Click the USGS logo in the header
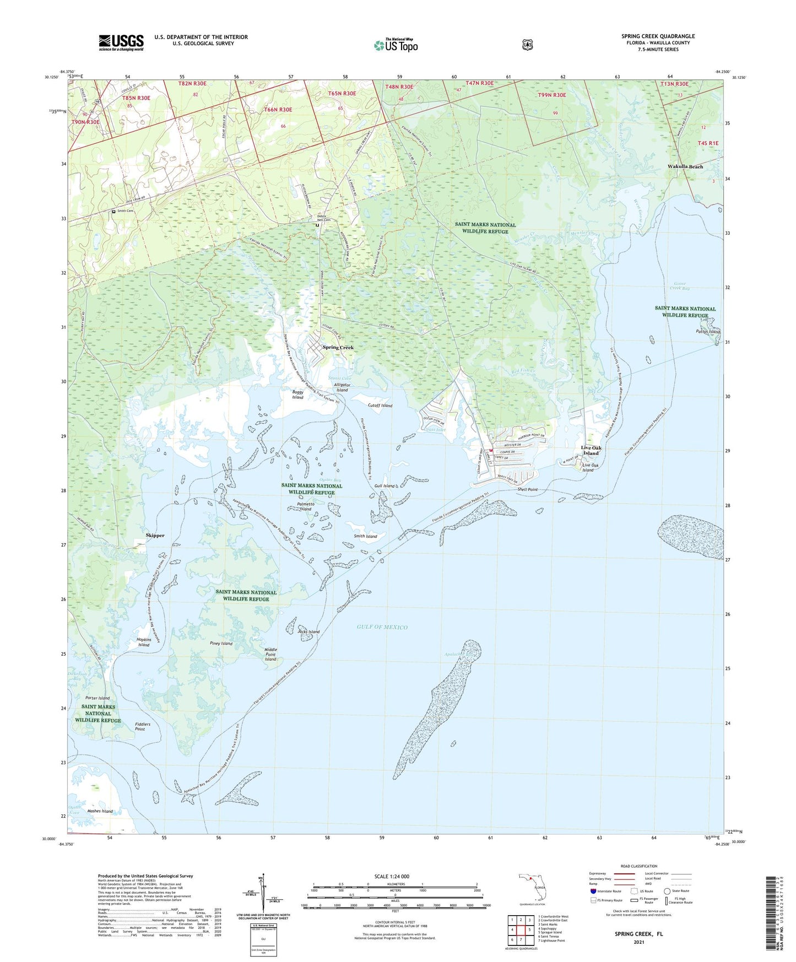(121, 42)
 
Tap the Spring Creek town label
(338, 348)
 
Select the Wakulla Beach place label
(685, 166)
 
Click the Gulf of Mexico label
(382, 627)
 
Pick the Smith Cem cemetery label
(125, 211)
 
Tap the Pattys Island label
(707, 332)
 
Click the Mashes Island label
(100, 811)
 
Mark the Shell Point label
(527, 489)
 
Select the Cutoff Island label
(380, 406)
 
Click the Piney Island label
(221, 644)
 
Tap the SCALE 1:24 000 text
(392, 876)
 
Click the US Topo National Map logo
(396, 45)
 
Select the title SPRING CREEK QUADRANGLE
(658, 36)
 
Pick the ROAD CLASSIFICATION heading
(638, 866)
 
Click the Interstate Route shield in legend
(593, 891)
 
